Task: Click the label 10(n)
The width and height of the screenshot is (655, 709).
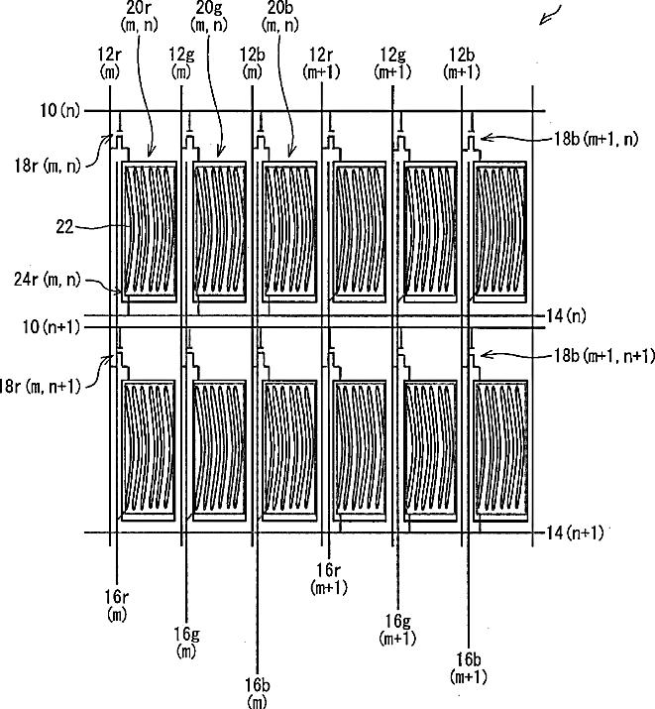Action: pos(59,110)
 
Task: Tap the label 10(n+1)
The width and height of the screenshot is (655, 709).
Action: pos(52,327)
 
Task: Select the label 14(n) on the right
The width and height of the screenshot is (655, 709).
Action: pos(566,315)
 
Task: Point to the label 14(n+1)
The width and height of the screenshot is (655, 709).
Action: pos(575,533)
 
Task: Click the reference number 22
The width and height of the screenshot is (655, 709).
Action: pos(64,226)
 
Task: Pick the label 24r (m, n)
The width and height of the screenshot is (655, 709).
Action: pos(47,281)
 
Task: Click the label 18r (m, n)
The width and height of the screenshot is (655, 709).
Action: pos(48,166)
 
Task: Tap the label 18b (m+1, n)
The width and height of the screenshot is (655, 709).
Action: pos(596,139)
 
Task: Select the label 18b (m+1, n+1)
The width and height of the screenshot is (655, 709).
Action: pos(604,356)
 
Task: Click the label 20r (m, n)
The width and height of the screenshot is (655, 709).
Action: pos(140,16)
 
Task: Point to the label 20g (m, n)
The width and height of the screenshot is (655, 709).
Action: pos(209,16)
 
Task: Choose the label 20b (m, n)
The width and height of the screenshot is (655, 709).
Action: pos(280,16)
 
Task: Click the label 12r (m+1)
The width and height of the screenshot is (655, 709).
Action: pos(322,63)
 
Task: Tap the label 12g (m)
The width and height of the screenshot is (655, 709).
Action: pos(181,63)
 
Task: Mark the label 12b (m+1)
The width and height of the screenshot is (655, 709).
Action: pos(462,63)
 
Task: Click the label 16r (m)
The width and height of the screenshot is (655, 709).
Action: pos(117,606)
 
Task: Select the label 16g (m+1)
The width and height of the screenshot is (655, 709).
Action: pos(397,630)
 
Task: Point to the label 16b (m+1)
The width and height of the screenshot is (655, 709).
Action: pos(469,668)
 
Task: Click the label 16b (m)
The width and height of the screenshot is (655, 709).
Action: pos(258,693)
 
